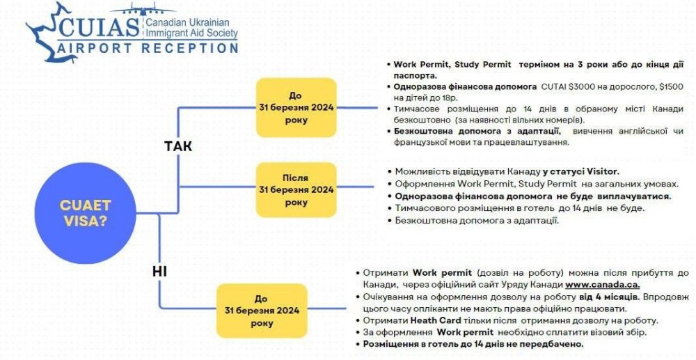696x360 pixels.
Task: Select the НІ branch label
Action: [159, 272]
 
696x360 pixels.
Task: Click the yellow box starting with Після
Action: [296, 189]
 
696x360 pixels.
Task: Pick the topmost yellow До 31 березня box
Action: [296, 107]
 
